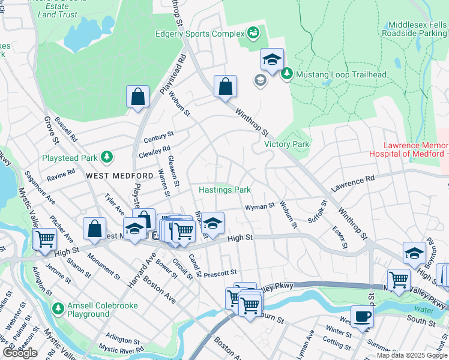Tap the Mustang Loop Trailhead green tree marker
click(287, 74)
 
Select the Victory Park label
click(287, 144)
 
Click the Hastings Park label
click(225, 190)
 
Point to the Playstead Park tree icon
click(106, 157)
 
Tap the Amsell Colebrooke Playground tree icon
click(58, 309)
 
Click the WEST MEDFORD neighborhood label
click(119, 175)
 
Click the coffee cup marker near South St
click(362, 316)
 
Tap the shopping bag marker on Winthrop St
click(225, 86)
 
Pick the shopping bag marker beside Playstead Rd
click(137, 97)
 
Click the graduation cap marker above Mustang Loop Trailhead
click(272, 60)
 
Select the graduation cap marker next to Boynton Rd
click(414, 253)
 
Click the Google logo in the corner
click(20, 353)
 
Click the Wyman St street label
click(259, 207)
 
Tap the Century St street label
click(158, 137)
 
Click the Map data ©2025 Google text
click(411, 355)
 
